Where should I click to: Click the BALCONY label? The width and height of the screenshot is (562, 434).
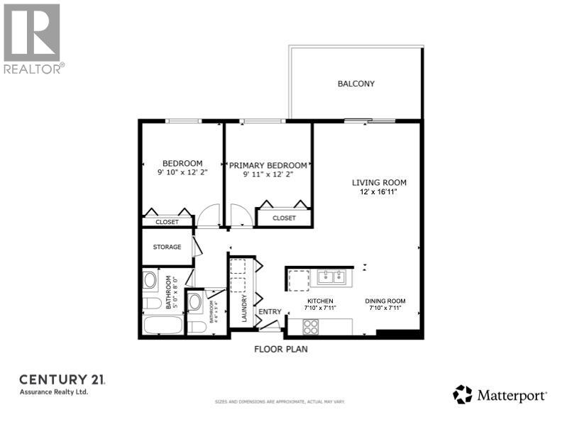click(356, 84)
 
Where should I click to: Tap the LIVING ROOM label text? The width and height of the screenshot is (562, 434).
click(379, 182)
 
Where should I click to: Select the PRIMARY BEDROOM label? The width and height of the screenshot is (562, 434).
click(268, 165)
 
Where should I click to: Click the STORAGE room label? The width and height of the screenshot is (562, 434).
click(167, 247)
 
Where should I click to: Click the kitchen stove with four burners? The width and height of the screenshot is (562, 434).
click(311, 326)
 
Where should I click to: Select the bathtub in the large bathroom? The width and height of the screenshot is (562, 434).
click(162, 326)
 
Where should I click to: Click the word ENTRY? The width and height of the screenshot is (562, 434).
click(270, 312)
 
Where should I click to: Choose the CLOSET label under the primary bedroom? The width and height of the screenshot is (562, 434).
click(284, 218)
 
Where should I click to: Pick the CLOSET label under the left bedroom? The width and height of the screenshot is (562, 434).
click(167, 222)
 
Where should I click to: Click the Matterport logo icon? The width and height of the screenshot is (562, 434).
click(463, 394)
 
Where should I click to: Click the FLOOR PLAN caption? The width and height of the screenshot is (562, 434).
click(281, 349)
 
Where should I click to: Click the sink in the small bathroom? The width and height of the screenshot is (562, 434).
click(195, 303)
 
